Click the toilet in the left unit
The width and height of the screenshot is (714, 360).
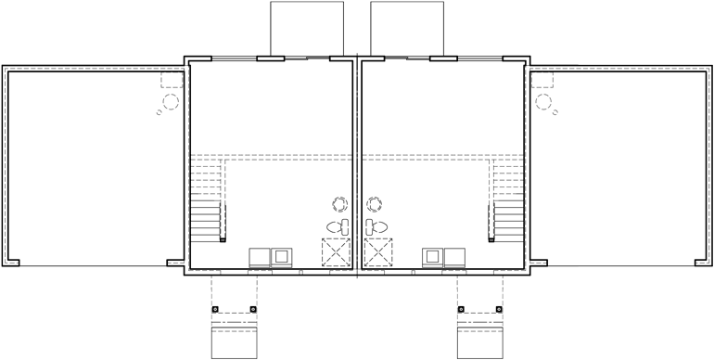pyautogui.click(x=338, y=226)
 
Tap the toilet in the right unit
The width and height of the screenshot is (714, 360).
pyautogui.click(x=376, y=226)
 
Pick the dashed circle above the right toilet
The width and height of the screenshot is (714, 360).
pyautogui.click(x=375, y=204)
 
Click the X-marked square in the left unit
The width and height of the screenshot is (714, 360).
pyautogui.click(x=335, y=252)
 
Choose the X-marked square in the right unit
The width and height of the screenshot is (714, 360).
pyautogui.click(x=378, y=252)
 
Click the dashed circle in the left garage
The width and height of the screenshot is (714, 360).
pyautogui.click(x=172, y=103)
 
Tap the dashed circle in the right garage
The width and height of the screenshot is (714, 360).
pyautogui.click(x=542, y=103)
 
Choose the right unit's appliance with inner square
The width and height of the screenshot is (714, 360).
pyautogui.click(x=431, y=257)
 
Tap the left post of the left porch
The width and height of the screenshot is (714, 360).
pyautogui.click(x=214, y=309)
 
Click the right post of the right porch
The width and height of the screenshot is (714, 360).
pyautogui.click(x=500, y=309)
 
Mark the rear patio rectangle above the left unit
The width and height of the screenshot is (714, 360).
pyautogui.click(x=300, y=28)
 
